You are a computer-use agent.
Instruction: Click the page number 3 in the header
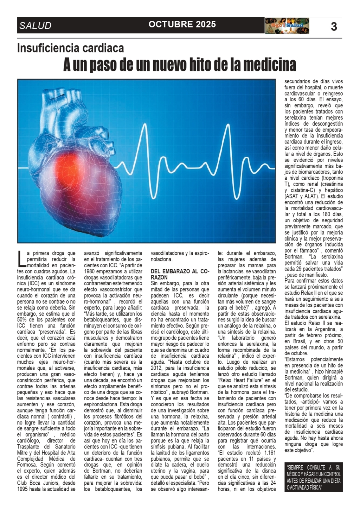(x=334, y=26)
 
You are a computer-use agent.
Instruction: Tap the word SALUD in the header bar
(x=35, y=26)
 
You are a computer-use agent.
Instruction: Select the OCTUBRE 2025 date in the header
(x=182, y=24)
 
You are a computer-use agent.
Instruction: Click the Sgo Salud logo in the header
(x=287, y=26)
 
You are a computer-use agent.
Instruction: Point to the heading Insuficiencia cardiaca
(x=70, y=48)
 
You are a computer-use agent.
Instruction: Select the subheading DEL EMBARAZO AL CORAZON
(x=180, y=274)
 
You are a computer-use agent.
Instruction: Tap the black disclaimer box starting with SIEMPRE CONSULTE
(x=314, y=477)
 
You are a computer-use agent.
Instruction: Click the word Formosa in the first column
(x=27, y=465)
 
